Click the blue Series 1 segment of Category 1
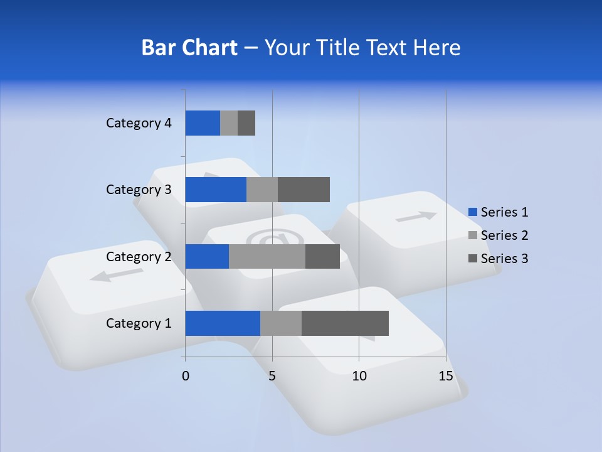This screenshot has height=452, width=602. [223, 323]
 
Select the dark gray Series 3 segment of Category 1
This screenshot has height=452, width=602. [345, 323]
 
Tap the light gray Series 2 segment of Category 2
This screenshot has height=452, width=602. [267, 256]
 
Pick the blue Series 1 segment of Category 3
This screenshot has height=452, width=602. [216, 190]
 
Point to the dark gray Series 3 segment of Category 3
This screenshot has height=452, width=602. [304, 190]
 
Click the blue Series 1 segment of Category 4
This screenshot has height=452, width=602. [203, 123]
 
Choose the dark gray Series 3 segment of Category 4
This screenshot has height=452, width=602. [246, 123]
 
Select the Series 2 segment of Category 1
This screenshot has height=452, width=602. [281, 323]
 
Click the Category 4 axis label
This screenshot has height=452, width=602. [139, 123]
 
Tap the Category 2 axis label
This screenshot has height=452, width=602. [139, 256]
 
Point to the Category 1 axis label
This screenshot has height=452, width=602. [139, 323]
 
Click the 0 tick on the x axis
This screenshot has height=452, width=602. [186, 376]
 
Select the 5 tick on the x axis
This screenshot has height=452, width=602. [272, 376]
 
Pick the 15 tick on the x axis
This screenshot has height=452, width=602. [446, 376]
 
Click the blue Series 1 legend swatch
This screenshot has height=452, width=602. [473, 212]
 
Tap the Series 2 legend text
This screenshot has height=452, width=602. [505, 235]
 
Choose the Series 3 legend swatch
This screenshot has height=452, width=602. [473, 259]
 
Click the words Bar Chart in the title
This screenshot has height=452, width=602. [189, 48]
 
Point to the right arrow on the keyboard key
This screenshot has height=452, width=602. [416, 217]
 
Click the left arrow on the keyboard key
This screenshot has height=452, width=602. [117, 274]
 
